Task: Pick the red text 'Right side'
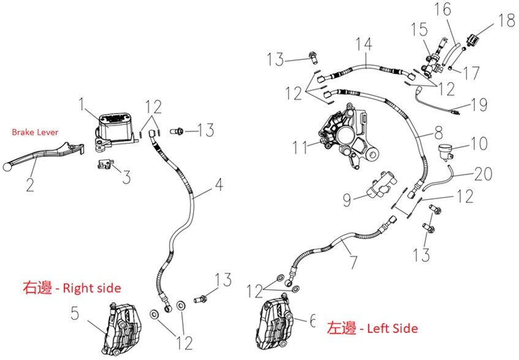(x=92, y=287)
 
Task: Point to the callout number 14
(x=366, y=44)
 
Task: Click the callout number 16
(x=442, y=10)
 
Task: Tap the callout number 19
(x=480, y=105)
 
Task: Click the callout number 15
(x=419, y=29)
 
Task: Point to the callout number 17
(x=471, y=73)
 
